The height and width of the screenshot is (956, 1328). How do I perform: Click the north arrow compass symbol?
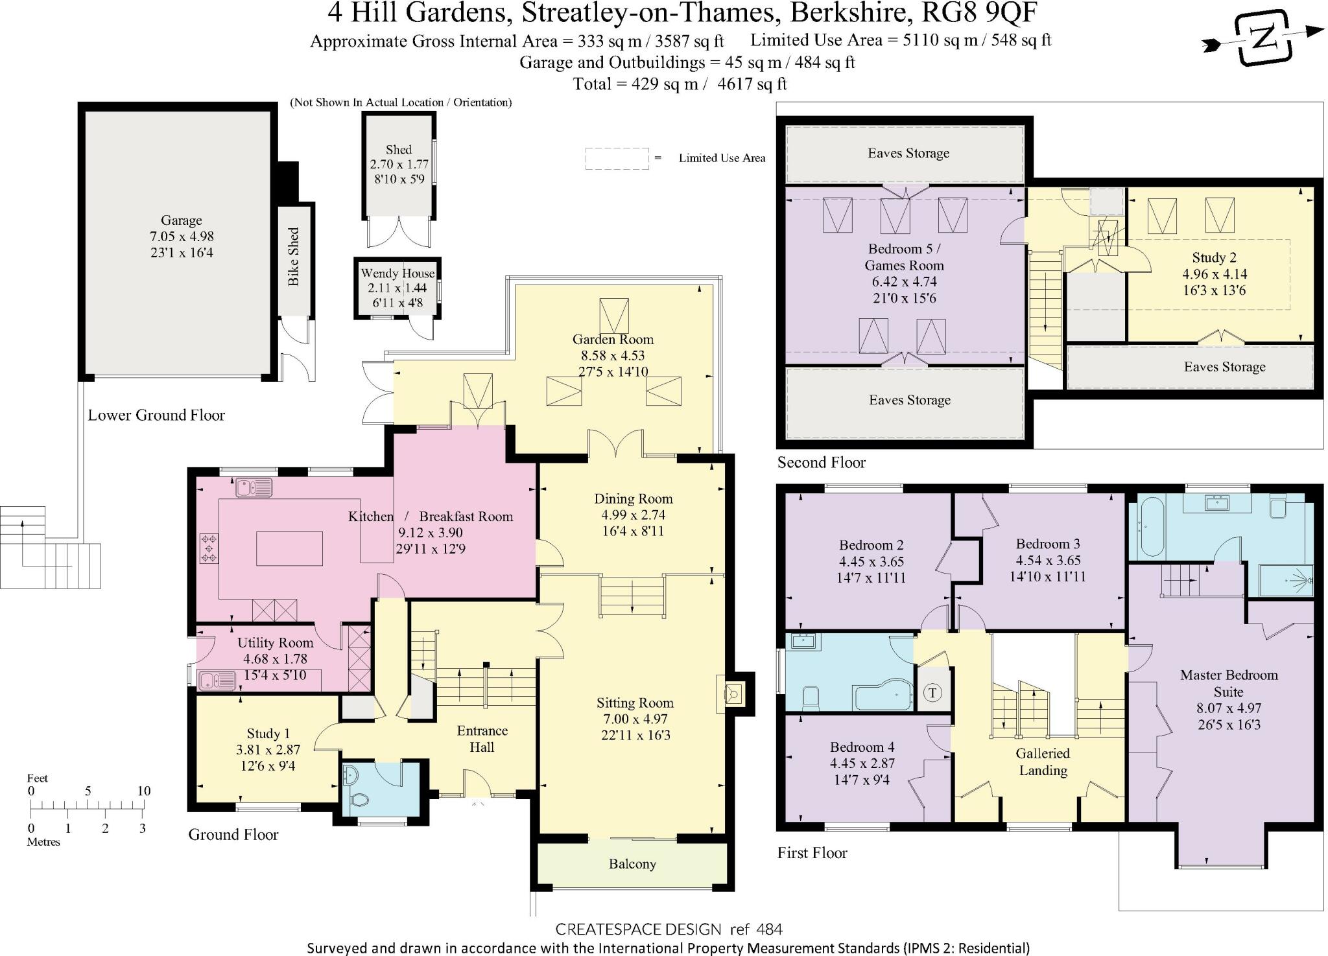[1263, 38]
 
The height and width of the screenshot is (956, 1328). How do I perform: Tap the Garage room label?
[182, 220]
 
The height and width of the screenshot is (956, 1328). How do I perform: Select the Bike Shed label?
[294, 257]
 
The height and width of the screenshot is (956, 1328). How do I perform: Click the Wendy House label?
[397, 274]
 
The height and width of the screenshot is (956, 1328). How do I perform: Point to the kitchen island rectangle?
[289, 548]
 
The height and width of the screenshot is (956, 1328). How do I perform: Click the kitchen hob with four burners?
[209, 548]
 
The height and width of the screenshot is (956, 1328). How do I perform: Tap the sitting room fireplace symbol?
[735, 694]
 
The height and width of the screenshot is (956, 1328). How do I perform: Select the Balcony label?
[632, 864]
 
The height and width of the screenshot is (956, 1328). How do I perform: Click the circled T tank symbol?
[932, 693]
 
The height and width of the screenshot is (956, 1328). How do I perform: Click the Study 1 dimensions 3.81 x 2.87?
[268, 750]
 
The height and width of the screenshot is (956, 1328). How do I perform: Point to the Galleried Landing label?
[1043, 762]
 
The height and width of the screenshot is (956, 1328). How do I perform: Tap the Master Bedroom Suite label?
[1228, 683]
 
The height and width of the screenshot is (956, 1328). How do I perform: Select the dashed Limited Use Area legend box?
[617, 158]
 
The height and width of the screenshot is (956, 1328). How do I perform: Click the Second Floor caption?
[821, 462]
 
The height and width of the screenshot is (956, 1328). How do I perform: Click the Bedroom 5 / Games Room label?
[904, 257]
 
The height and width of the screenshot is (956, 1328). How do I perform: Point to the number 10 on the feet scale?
[143, 791]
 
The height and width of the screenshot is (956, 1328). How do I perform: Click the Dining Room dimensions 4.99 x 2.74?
[633, 515]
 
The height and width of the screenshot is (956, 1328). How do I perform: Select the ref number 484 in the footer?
[770, 929]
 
